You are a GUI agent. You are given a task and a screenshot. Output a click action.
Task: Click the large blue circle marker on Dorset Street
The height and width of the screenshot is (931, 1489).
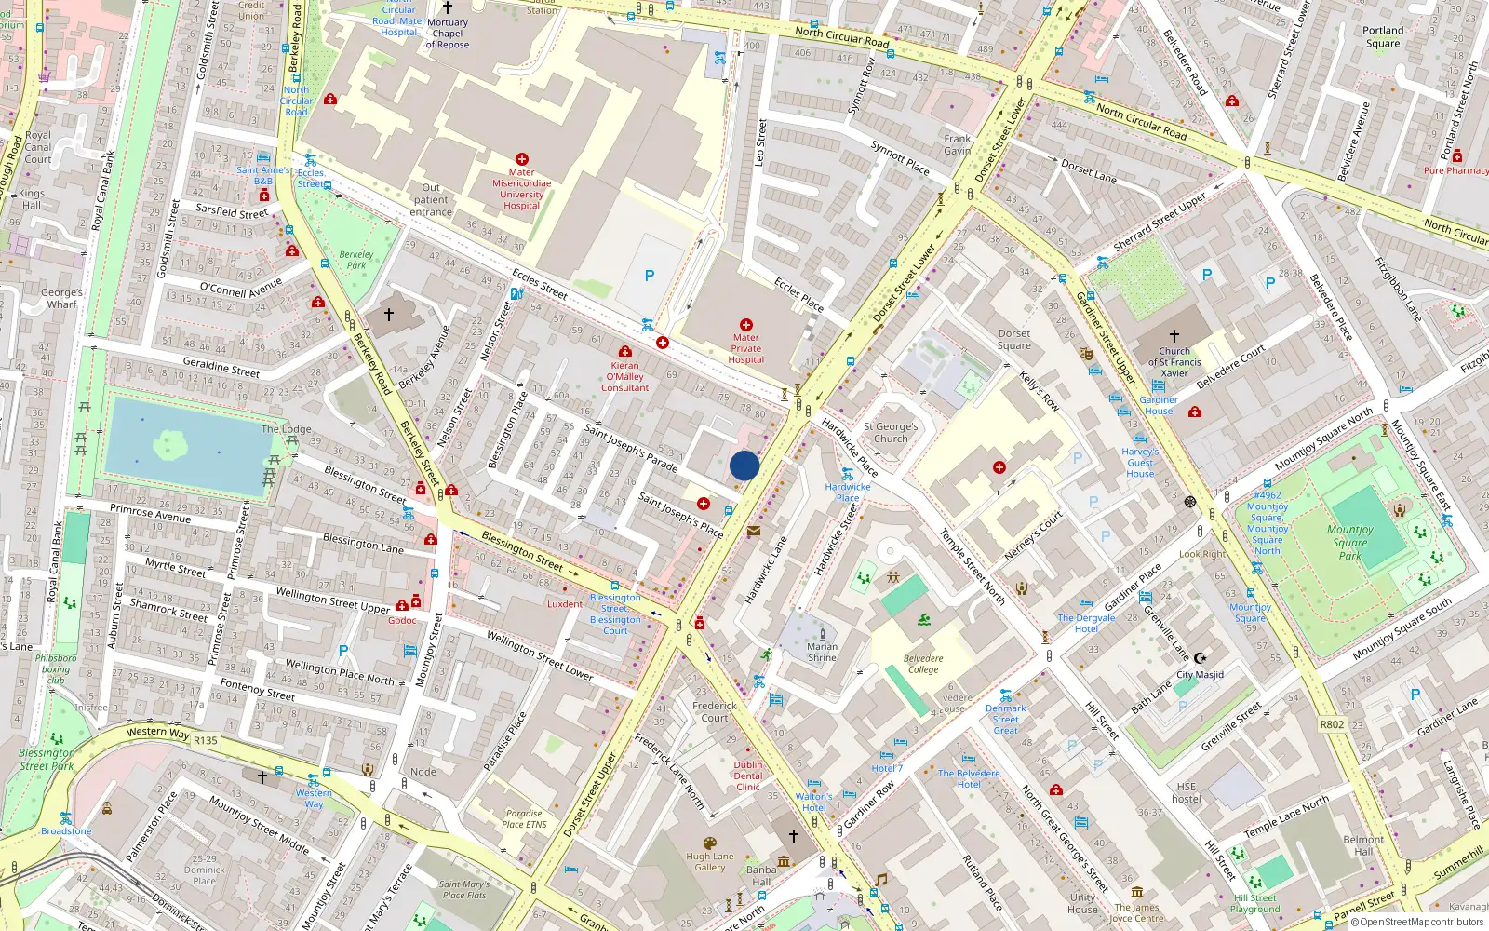point(744,465)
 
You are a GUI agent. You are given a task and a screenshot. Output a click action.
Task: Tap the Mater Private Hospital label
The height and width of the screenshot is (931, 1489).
point(745,348)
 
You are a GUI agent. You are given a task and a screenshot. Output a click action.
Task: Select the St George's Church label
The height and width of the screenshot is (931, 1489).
point(890,432)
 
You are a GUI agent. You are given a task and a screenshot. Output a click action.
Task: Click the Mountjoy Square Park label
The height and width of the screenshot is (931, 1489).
point(1349,542)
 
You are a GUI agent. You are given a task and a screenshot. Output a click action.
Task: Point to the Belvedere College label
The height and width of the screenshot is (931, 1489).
point(922,664)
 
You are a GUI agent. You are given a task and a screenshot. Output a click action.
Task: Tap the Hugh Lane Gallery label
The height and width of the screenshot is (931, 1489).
point(709,861)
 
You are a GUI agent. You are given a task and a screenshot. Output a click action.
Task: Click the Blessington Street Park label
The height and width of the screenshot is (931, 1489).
point(47,759)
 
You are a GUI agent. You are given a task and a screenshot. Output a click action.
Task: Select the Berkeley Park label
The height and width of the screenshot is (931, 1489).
point(355,259)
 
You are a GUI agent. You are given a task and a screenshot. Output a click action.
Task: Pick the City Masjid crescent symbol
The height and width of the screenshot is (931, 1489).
point(1200,658)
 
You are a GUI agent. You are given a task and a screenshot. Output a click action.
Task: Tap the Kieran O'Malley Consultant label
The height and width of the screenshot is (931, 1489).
point(624,376)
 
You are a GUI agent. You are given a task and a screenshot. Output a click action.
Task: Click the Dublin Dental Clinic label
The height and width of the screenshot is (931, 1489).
point(747,776)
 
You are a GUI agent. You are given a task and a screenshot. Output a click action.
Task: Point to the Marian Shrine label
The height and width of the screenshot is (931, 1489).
point(821,652)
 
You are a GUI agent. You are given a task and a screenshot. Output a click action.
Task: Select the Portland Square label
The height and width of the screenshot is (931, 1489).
point(1382,36)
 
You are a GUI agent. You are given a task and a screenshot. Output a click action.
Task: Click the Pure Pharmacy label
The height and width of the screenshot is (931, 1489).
point(1455,170)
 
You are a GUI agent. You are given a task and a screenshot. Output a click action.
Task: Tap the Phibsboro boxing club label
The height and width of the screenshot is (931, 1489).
point(56,668)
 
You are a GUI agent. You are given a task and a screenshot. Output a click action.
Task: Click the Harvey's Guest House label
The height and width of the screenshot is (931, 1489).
point(1139,463)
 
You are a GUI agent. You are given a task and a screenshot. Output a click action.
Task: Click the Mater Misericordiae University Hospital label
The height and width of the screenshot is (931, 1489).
point(521,189)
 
